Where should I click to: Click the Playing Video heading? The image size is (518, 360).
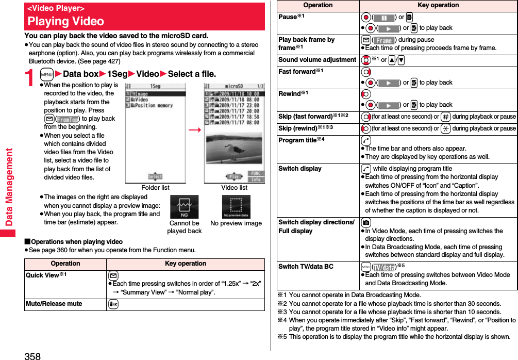(x=65, y=22)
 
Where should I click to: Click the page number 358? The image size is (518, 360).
(x=31, y=356)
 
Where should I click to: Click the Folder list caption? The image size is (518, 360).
(x=155, y=188)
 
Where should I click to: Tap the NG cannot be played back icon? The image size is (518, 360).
(x=184, y=207)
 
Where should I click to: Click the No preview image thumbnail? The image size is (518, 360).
(x=236, y=207)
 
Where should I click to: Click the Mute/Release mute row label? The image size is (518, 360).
(x=54, y=304)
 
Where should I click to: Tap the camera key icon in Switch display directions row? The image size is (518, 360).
(x=365, y=222)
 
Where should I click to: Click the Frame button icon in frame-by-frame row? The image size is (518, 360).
(x=384, y=40)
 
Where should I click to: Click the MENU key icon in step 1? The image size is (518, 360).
(x=46, y=74)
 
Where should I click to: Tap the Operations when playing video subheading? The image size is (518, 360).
(x=73, y=242)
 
